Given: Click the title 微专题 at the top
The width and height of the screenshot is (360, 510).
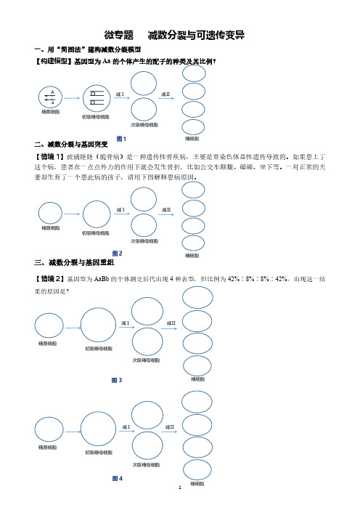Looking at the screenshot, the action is point(118,35).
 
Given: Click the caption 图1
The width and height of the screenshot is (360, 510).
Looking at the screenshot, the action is point(121,139).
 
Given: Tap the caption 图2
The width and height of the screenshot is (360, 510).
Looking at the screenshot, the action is point(118,254).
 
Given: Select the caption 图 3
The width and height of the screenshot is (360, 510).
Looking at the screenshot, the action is point(117,380).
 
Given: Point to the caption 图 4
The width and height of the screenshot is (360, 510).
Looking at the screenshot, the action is point(118,479).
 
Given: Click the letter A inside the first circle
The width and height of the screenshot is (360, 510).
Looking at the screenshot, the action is point(52,92).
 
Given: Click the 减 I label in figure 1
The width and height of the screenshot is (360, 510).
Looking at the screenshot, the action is point(120,94).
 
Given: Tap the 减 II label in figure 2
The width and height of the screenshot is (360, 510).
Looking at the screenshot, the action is point(166,210).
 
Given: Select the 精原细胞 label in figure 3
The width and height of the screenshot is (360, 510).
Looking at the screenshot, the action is point(48,344).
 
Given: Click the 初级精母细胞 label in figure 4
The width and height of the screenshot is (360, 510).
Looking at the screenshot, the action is point(99,453).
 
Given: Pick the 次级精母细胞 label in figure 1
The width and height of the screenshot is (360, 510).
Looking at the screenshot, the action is point(144,125).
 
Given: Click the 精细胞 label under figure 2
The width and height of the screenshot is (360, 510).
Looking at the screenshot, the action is point(192,256).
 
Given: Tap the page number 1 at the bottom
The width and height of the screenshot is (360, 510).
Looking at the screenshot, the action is point(180,487).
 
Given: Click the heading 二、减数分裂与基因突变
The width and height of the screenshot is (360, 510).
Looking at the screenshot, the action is point(71,145).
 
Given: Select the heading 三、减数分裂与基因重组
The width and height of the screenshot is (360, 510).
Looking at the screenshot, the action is point(74,262).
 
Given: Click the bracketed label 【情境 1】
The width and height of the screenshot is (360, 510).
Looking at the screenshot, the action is point(49,157).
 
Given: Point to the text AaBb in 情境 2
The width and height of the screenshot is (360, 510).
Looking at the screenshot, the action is point(102,279).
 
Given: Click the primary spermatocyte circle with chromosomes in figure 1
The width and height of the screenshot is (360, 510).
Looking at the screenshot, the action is point(97,98).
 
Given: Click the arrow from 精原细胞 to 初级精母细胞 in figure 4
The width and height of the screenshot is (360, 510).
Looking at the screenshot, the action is point(73,432).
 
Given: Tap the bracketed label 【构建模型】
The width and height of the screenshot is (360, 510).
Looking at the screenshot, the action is point(53,61).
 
